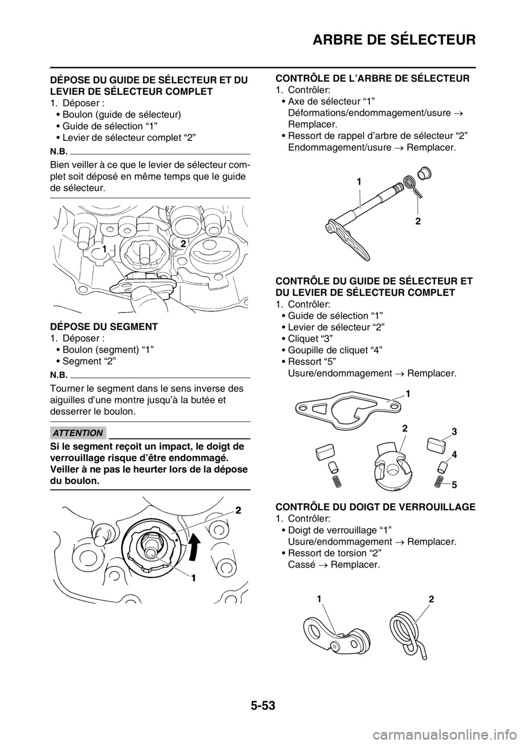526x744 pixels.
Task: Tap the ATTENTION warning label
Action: (78, 433)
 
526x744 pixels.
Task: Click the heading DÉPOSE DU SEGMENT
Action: (104, 327)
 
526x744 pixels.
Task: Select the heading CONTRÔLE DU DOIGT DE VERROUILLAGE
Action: (375, 507)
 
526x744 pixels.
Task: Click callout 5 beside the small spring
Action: (454, 485)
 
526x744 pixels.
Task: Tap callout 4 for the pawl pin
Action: (454, 455)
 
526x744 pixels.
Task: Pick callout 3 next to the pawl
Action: (454, 432)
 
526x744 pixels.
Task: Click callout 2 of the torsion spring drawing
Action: (431, 599)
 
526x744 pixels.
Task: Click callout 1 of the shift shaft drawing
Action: (359, 182)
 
